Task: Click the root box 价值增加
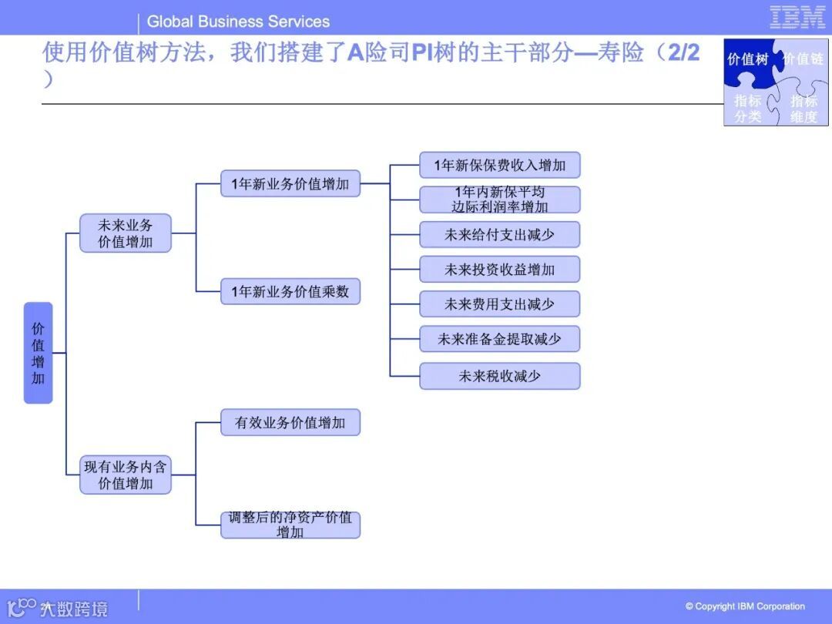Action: point(38,353)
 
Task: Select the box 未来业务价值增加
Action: point(126,233)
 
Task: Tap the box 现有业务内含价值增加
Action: point(126,475)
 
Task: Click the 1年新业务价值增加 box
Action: point(290,184)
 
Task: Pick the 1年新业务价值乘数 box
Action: point(290,292)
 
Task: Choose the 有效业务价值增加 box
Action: point(290,423)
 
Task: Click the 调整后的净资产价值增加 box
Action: point(290,525)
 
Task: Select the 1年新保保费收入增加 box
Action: point(499,165)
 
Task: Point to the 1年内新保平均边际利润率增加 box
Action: point(499,200)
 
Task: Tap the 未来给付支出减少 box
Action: point(499,234)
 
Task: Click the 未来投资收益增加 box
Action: point(499,270)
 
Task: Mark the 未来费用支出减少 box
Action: point(499,304)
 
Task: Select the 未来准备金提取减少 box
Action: point(499,339)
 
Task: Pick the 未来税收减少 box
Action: point(499,376)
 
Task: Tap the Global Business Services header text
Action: point(238,22)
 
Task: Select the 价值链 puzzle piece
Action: point(803,59)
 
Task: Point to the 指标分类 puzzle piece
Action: point(747,109)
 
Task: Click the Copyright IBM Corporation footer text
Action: point(745,606)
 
